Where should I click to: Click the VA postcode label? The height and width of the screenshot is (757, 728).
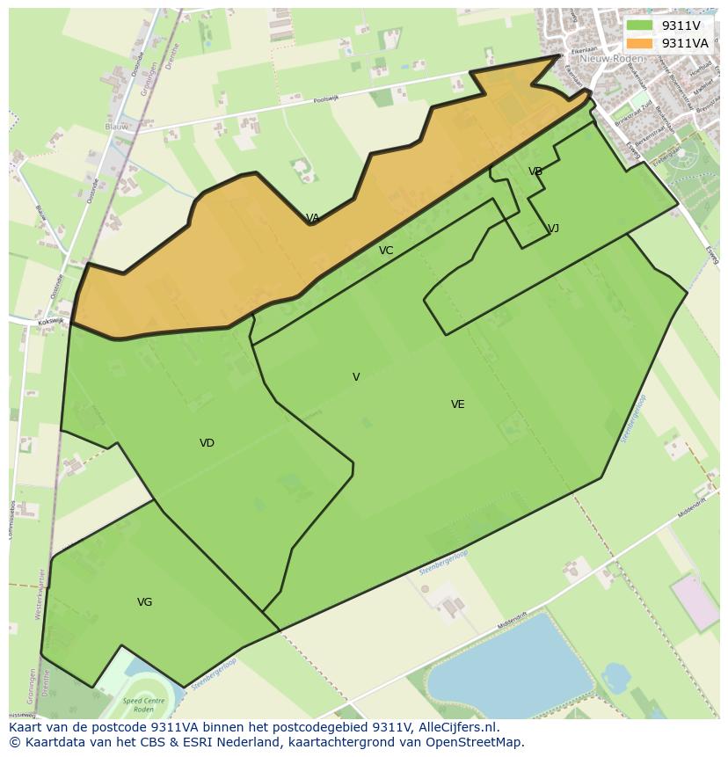[312, 218]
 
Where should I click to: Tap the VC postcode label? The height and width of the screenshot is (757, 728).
[386, 251]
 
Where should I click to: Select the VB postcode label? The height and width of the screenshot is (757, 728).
[535, 171]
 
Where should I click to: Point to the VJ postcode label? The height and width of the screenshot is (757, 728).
[553, 229]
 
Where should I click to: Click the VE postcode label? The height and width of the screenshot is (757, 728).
[457, 404]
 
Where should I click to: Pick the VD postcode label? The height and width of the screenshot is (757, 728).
[207, 443]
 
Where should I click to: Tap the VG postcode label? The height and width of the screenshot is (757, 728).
[145, 602]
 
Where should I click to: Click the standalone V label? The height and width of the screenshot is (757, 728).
[356, 377]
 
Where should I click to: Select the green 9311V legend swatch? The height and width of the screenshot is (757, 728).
[640, 26]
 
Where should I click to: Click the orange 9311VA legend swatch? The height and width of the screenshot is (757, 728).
[640, 43]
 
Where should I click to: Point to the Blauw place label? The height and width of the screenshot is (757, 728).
[116, 127]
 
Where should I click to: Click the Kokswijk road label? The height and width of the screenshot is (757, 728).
[51, 322]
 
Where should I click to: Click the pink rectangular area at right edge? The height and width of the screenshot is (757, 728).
[695, 602]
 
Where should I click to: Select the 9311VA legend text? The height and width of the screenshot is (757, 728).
[684, 43]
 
